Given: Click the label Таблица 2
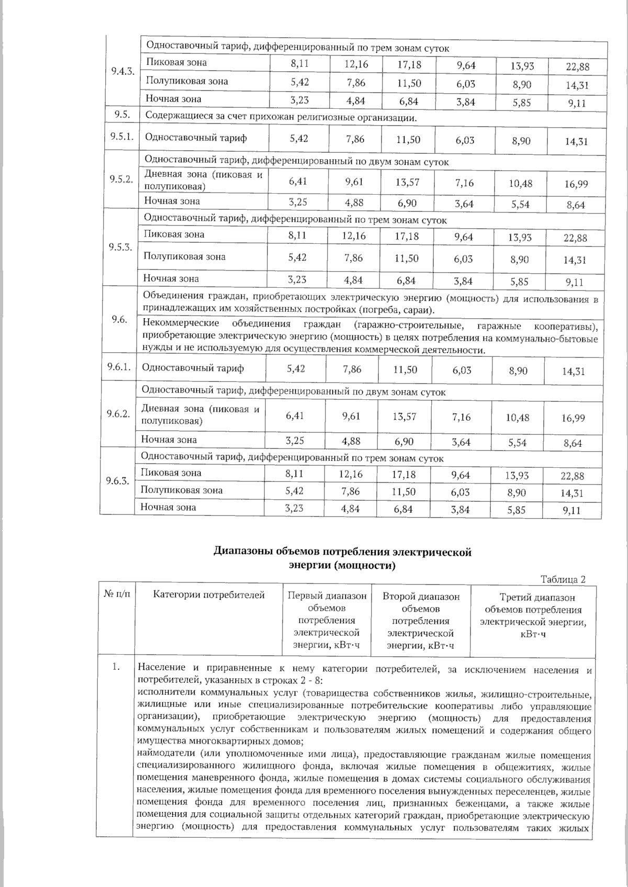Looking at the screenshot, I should point(563,579).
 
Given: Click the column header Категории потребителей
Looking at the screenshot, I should point(209,595).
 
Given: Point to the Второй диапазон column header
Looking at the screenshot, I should point(421,621).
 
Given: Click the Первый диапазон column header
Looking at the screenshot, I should point(327,621).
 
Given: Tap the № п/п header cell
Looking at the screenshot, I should point(116,595).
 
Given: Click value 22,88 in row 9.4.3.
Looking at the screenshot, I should point(577,67).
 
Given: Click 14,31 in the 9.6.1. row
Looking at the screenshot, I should point(574,372).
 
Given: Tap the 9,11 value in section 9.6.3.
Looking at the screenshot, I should point(572,511).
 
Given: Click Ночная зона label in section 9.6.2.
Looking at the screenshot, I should point(169,440).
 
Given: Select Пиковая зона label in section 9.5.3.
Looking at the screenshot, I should point(174,234).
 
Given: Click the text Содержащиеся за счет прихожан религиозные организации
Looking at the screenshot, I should point(281,117).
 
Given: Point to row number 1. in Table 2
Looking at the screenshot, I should point(116,667).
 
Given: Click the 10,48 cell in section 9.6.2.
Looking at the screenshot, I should point(518,418).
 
